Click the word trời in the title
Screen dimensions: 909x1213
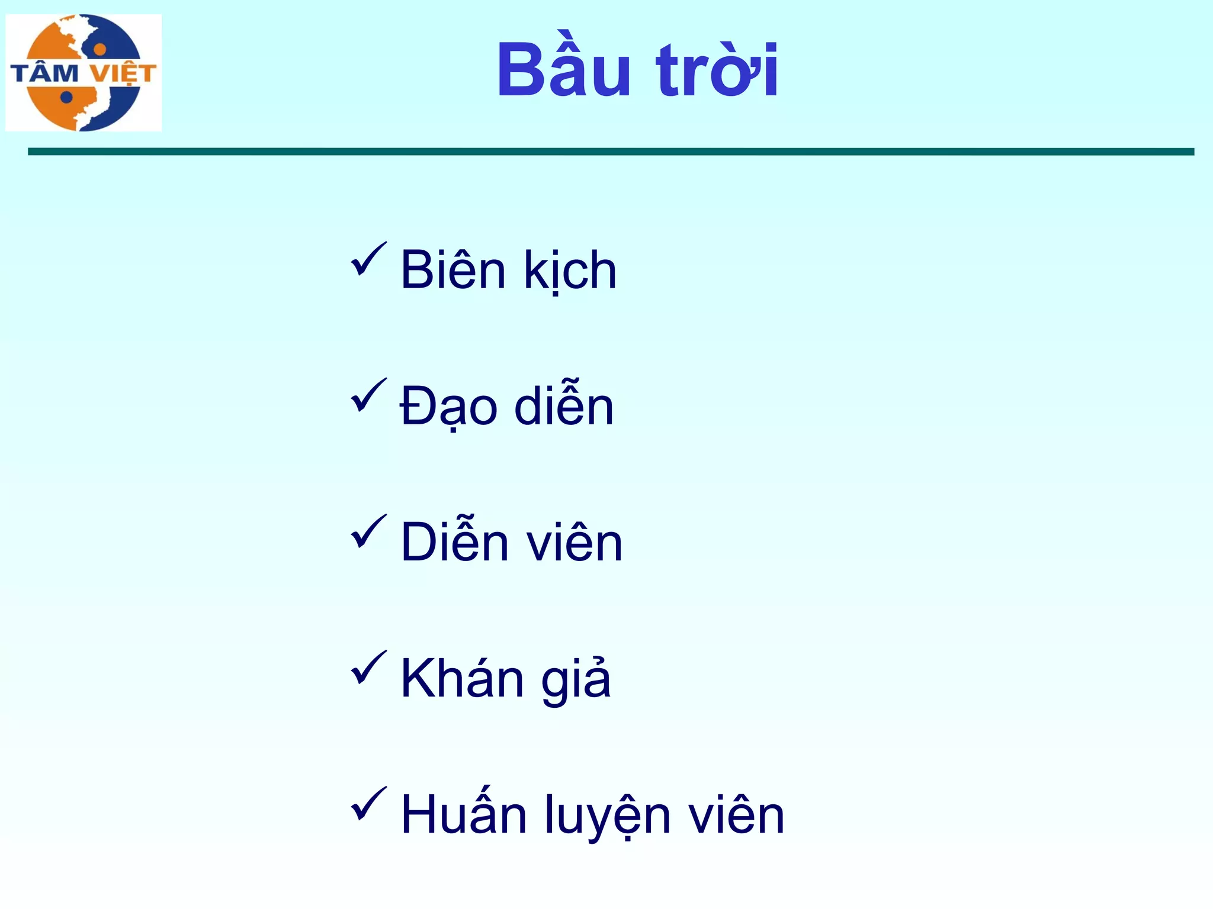tap(717, 71)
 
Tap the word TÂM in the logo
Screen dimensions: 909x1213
tap(45, 74)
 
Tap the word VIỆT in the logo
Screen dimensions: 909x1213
tap(123, 74)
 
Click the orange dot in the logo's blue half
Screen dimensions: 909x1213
tap(100, 49)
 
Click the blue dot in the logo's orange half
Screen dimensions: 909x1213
tap(66, 97)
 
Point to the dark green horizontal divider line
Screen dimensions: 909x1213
tap(610, 152)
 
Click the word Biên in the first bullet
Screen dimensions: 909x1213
tap(454, 270)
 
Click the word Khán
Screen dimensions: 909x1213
tap(462, 678)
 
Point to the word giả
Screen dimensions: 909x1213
tap(576, 679)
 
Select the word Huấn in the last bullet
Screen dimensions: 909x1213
tap(464, 814)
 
